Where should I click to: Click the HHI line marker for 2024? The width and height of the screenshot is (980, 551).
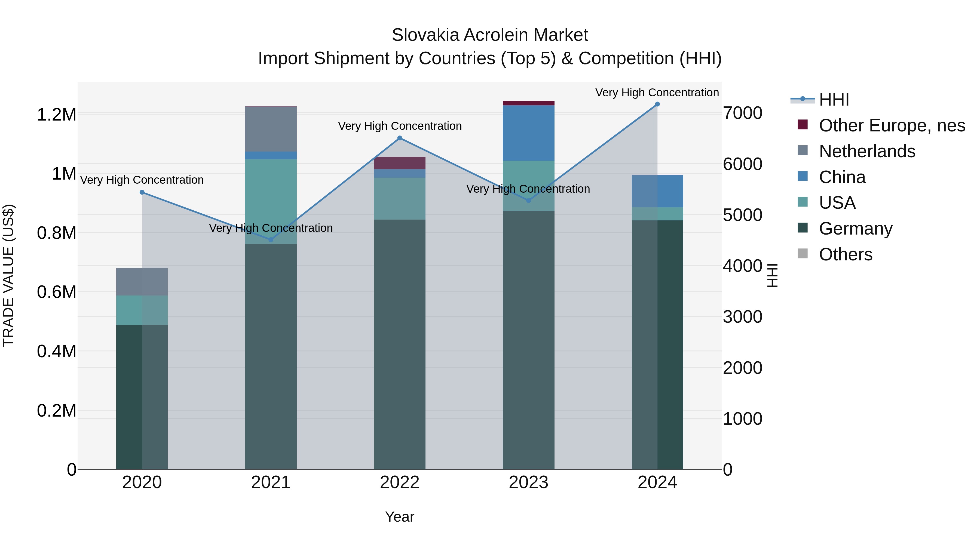(x=657, y=104)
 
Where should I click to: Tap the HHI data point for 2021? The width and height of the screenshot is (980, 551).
(x=271, y=239)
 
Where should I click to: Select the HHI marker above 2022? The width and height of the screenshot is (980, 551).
(x=399, y=138)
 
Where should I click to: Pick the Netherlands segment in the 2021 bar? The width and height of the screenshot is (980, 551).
(x=271, y=129)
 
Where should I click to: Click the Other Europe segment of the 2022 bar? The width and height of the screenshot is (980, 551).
(x=399, y=163)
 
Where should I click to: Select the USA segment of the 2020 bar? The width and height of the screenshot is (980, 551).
(x=142, y=310)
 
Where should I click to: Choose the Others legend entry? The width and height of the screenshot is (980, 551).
(x=845, y=254)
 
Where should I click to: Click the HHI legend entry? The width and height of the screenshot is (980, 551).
(x=834, y=100)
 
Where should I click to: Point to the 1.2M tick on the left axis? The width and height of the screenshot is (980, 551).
(x=56, y=115)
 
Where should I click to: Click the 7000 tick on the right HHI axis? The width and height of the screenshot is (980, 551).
(x=742, y=113)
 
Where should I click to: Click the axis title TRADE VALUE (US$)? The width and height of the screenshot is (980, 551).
(x=8, y=275)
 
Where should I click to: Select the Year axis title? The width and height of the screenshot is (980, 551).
(x=399, y=517)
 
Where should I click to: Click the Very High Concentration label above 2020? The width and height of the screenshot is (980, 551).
(x=142, y=180)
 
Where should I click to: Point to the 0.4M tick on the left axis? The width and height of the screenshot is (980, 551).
(x=56, y=351)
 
